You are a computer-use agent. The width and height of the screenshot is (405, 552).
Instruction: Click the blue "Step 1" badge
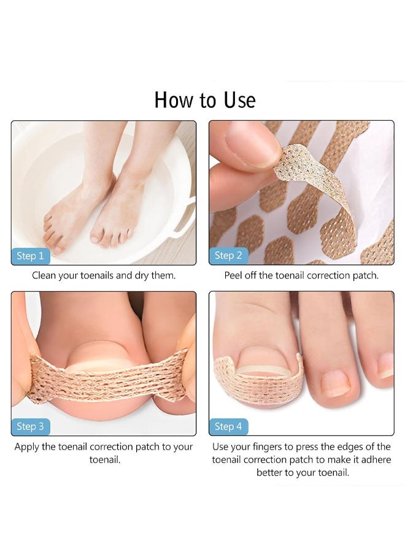coord(30,256)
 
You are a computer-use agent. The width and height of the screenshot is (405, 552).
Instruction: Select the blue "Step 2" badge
coord(228,256)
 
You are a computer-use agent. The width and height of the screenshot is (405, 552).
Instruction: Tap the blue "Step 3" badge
coord(30,426)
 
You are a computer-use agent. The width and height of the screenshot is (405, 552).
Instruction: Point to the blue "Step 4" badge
coord(228,426)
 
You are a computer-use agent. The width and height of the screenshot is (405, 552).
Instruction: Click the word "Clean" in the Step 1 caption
coord(45,275)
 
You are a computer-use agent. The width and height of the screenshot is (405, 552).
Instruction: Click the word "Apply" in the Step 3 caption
coord(28,447)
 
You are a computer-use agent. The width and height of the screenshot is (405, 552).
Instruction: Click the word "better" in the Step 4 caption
coord(271,473)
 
